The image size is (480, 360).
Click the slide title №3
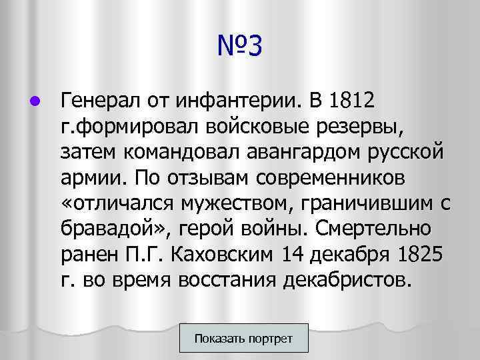(x=240, y=47)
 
